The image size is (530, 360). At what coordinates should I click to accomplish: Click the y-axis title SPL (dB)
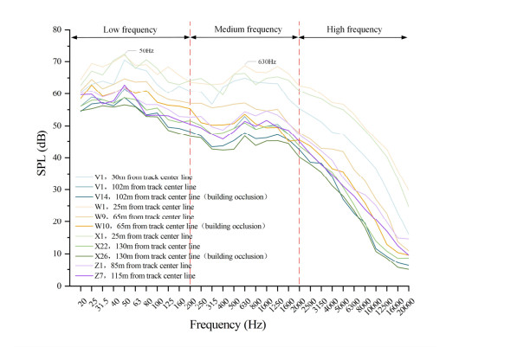click(x=42, y=157)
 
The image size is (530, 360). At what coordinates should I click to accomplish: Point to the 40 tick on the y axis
click(x=60, y=157)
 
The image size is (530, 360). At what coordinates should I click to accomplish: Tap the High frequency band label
click(x=353, y=29)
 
